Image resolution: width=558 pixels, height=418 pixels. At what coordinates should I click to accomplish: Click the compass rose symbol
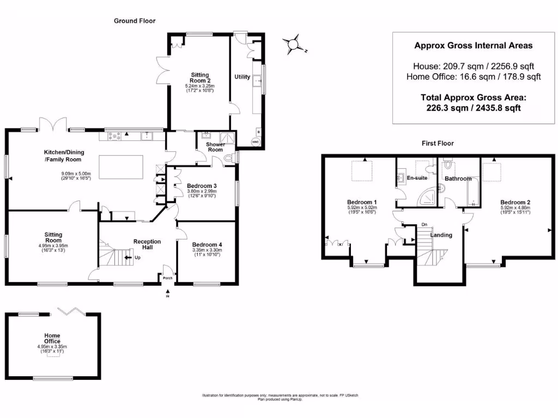[x=294, y=45]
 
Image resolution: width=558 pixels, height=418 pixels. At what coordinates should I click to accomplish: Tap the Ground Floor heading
[x=135, y=21]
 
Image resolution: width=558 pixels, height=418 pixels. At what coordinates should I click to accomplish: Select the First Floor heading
[x=438, y=143]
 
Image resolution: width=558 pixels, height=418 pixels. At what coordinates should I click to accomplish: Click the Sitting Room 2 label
[x=199, y=78]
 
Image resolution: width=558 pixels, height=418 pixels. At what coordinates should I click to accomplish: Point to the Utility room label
[x=242, y=77]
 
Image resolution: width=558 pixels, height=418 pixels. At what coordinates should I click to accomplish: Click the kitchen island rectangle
[x=121, y=167]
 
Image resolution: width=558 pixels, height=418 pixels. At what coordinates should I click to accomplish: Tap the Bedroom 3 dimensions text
[x=202, y=194]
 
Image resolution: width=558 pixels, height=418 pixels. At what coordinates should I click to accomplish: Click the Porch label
[x=167, y=278]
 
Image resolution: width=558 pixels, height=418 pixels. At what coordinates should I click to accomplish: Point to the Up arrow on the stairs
[x=129, y=257]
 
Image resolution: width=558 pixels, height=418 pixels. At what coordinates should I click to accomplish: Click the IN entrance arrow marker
[x=167, y=294]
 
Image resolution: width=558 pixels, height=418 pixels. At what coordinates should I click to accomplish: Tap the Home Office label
[x=53, y=339]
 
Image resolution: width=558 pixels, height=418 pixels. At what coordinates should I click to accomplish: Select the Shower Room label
[x=215, y=147]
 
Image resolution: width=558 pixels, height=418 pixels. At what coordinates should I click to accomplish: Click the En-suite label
[x=417, y=177]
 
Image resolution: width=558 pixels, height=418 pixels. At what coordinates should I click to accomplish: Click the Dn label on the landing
[x=424, y=225]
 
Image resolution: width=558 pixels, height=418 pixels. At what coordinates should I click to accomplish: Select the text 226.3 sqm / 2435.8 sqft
[x=473, y=108]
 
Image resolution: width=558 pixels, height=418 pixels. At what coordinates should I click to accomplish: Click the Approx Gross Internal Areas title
[x=473, y=46]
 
